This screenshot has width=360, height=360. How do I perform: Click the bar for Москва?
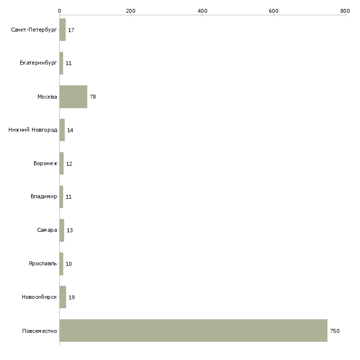(x=73, y=97)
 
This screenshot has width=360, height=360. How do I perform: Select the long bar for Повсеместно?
(x=193, y=330)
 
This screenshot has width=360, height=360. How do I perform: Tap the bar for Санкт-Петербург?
(x=63, y=30)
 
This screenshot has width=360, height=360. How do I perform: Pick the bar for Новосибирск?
(x=63, y=297)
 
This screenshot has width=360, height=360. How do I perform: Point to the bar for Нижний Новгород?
(x=62, y=130)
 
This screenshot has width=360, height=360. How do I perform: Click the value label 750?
(x=335, y=331)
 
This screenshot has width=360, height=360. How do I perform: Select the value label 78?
(x=93, y=97)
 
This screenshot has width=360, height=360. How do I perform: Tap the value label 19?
(x=72, y=297)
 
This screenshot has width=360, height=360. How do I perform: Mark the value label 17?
(x=71, y=30)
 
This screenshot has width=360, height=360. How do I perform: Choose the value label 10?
(x=69, y=264)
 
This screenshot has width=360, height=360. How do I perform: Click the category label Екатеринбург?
(x=38, y=63)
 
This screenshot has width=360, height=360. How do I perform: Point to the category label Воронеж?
(x=45, y=163)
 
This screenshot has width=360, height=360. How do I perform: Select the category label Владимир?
(x=43, y=197)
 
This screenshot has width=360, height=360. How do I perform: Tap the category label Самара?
(x=47, y=230)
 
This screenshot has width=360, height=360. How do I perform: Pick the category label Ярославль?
(x=43, y=263)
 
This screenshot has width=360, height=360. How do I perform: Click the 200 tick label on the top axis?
(x=131, y=11)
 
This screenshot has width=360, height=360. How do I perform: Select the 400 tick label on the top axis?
(x=202, y=11)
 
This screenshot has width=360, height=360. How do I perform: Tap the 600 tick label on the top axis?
(x=274, y=11)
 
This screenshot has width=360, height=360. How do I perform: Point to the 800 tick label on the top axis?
(x=345, y=11)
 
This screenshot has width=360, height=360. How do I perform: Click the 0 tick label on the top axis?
(x=60, y=11)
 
